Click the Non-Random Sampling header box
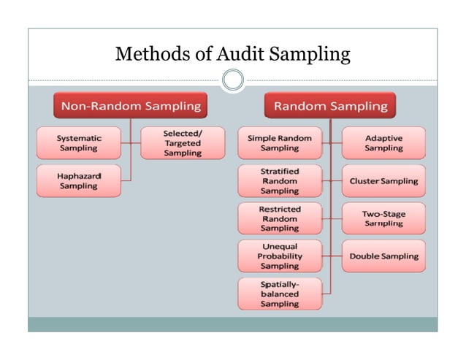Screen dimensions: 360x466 click(x=131, y=107)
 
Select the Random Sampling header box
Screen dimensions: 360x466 click(x=330, y=107)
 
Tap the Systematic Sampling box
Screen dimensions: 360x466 click(x=79, y=143)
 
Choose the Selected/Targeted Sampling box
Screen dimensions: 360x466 click(x=182, y=143)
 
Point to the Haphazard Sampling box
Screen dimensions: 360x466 click(x=79, y=181)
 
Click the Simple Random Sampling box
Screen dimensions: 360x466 click(x=279, y=143)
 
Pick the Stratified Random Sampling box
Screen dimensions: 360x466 click(x=279, y=181)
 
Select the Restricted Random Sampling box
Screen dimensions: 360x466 click(x=279, y=218)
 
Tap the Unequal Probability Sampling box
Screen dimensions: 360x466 click(x=279, y=256)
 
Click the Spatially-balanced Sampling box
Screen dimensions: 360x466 click(x=279, y=294)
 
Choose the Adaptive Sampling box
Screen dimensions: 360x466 click(x=383, y=143)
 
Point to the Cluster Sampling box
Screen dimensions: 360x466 click(x=383, y=181)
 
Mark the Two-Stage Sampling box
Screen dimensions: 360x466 click(x=383, y=218)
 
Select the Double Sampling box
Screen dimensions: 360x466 click(x=383, y=256)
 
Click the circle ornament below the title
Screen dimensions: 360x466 click(x=233, y=80)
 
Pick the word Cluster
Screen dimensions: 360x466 click(x=366, y=181)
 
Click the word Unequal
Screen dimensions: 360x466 click(x=279, y=247)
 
